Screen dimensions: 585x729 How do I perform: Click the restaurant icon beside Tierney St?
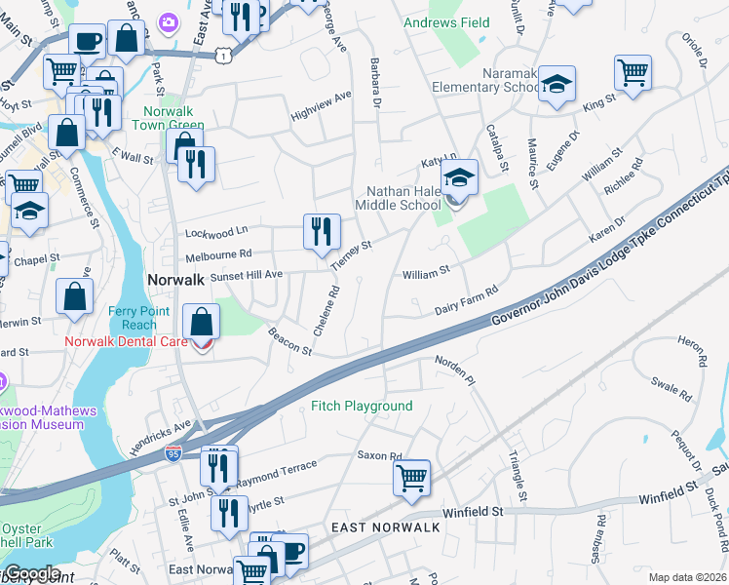[x=322, y=233]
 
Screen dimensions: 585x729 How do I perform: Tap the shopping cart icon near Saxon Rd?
[x=412, y=480]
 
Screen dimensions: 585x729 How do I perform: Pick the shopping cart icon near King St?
[x=633, y=73]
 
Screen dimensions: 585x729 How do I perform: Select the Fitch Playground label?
[x=362, y=406]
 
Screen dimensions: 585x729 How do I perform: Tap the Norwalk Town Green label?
[x=173, y=118]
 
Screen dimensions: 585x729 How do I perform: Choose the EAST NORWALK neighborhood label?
[x=386, y=526]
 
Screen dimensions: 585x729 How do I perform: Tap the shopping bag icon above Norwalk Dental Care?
[x=201, y=322]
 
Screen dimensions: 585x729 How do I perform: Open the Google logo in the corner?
[x=31, y=573]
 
